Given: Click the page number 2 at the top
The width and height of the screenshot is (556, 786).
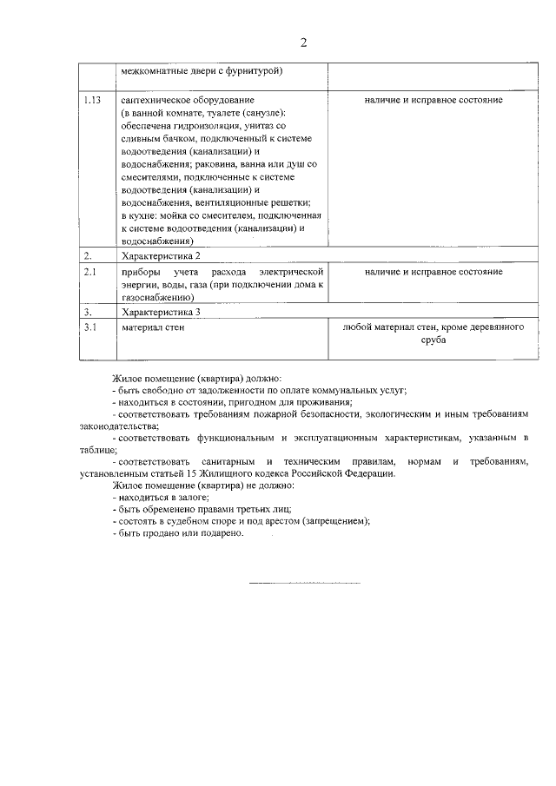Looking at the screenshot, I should pyautogui.click(x=303, y=43).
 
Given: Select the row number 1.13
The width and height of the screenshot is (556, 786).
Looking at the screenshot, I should pyautogui.click(x=92, y=100).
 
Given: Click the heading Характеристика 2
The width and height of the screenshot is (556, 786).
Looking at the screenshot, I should pyautogui.click(x=162, y=256).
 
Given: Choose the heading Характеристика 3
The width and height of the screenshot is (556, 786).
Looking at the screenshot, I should pyautogui.click(x=162, y=312).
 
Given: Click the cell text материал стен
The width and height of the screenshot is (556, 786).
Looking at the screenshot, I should pyautogui.click(x=153, y=327).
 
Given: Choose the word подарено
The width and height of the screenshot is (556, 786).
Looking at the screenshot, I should pyautogui.click(x=221, y=533).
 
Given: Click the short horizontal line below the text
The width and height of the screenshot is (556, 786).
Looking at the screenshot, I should pyautogui.click(x=304, y=582).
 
